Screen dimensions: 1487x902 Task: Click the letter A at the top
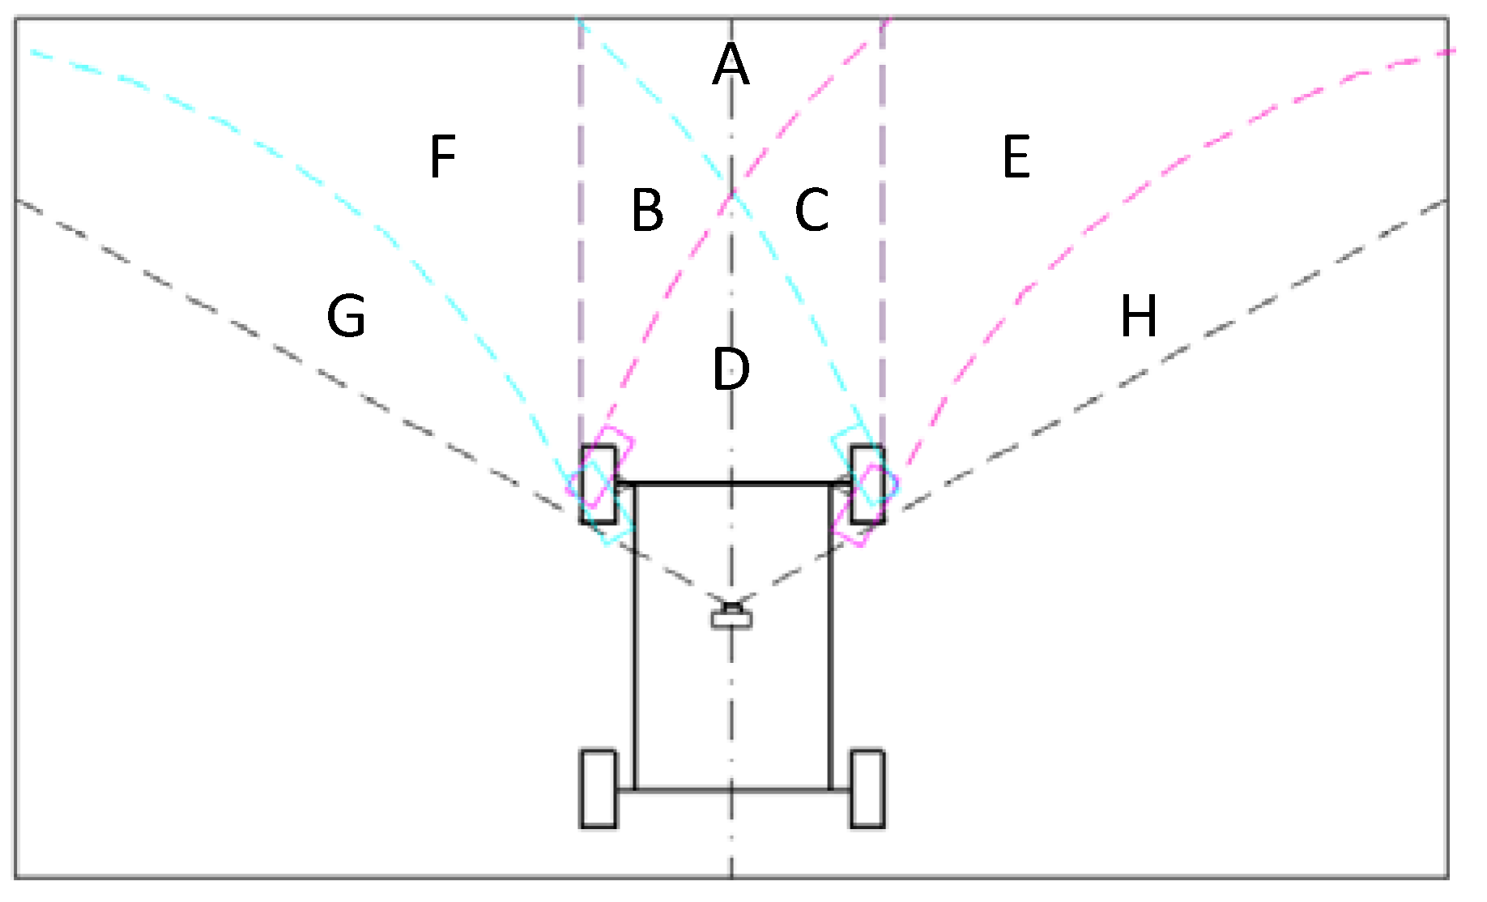pos(731,64)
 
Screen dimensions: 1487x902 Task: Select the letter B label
pos(647,210)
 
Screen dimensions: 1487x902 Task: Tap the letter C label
pos(812,210)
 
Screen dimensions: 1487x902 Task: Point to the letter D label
pos(731,369)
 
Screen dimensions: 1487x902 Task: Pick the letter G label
pos(347,315)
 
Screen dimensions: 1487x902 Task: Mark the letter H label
pos(1138,315)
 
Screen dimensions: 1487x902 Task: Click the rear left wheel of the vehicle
pos(598,789)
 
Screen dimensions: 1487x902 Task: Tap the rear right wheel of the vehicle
pos(867,789)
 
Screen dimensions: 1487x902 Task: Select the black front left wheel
pos(598,485)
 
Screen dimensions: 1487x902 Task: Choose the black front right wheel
pos(867,485)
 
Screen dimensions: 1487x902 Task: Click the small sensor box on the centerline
pos(731,618)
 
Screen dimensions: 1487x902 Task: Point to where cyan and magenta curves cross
pos(733,194)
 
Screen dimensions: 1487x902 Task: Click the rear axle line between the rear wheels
pos(732,789)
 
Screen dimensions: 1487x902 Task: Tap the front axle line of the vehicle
pos(732,484)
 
